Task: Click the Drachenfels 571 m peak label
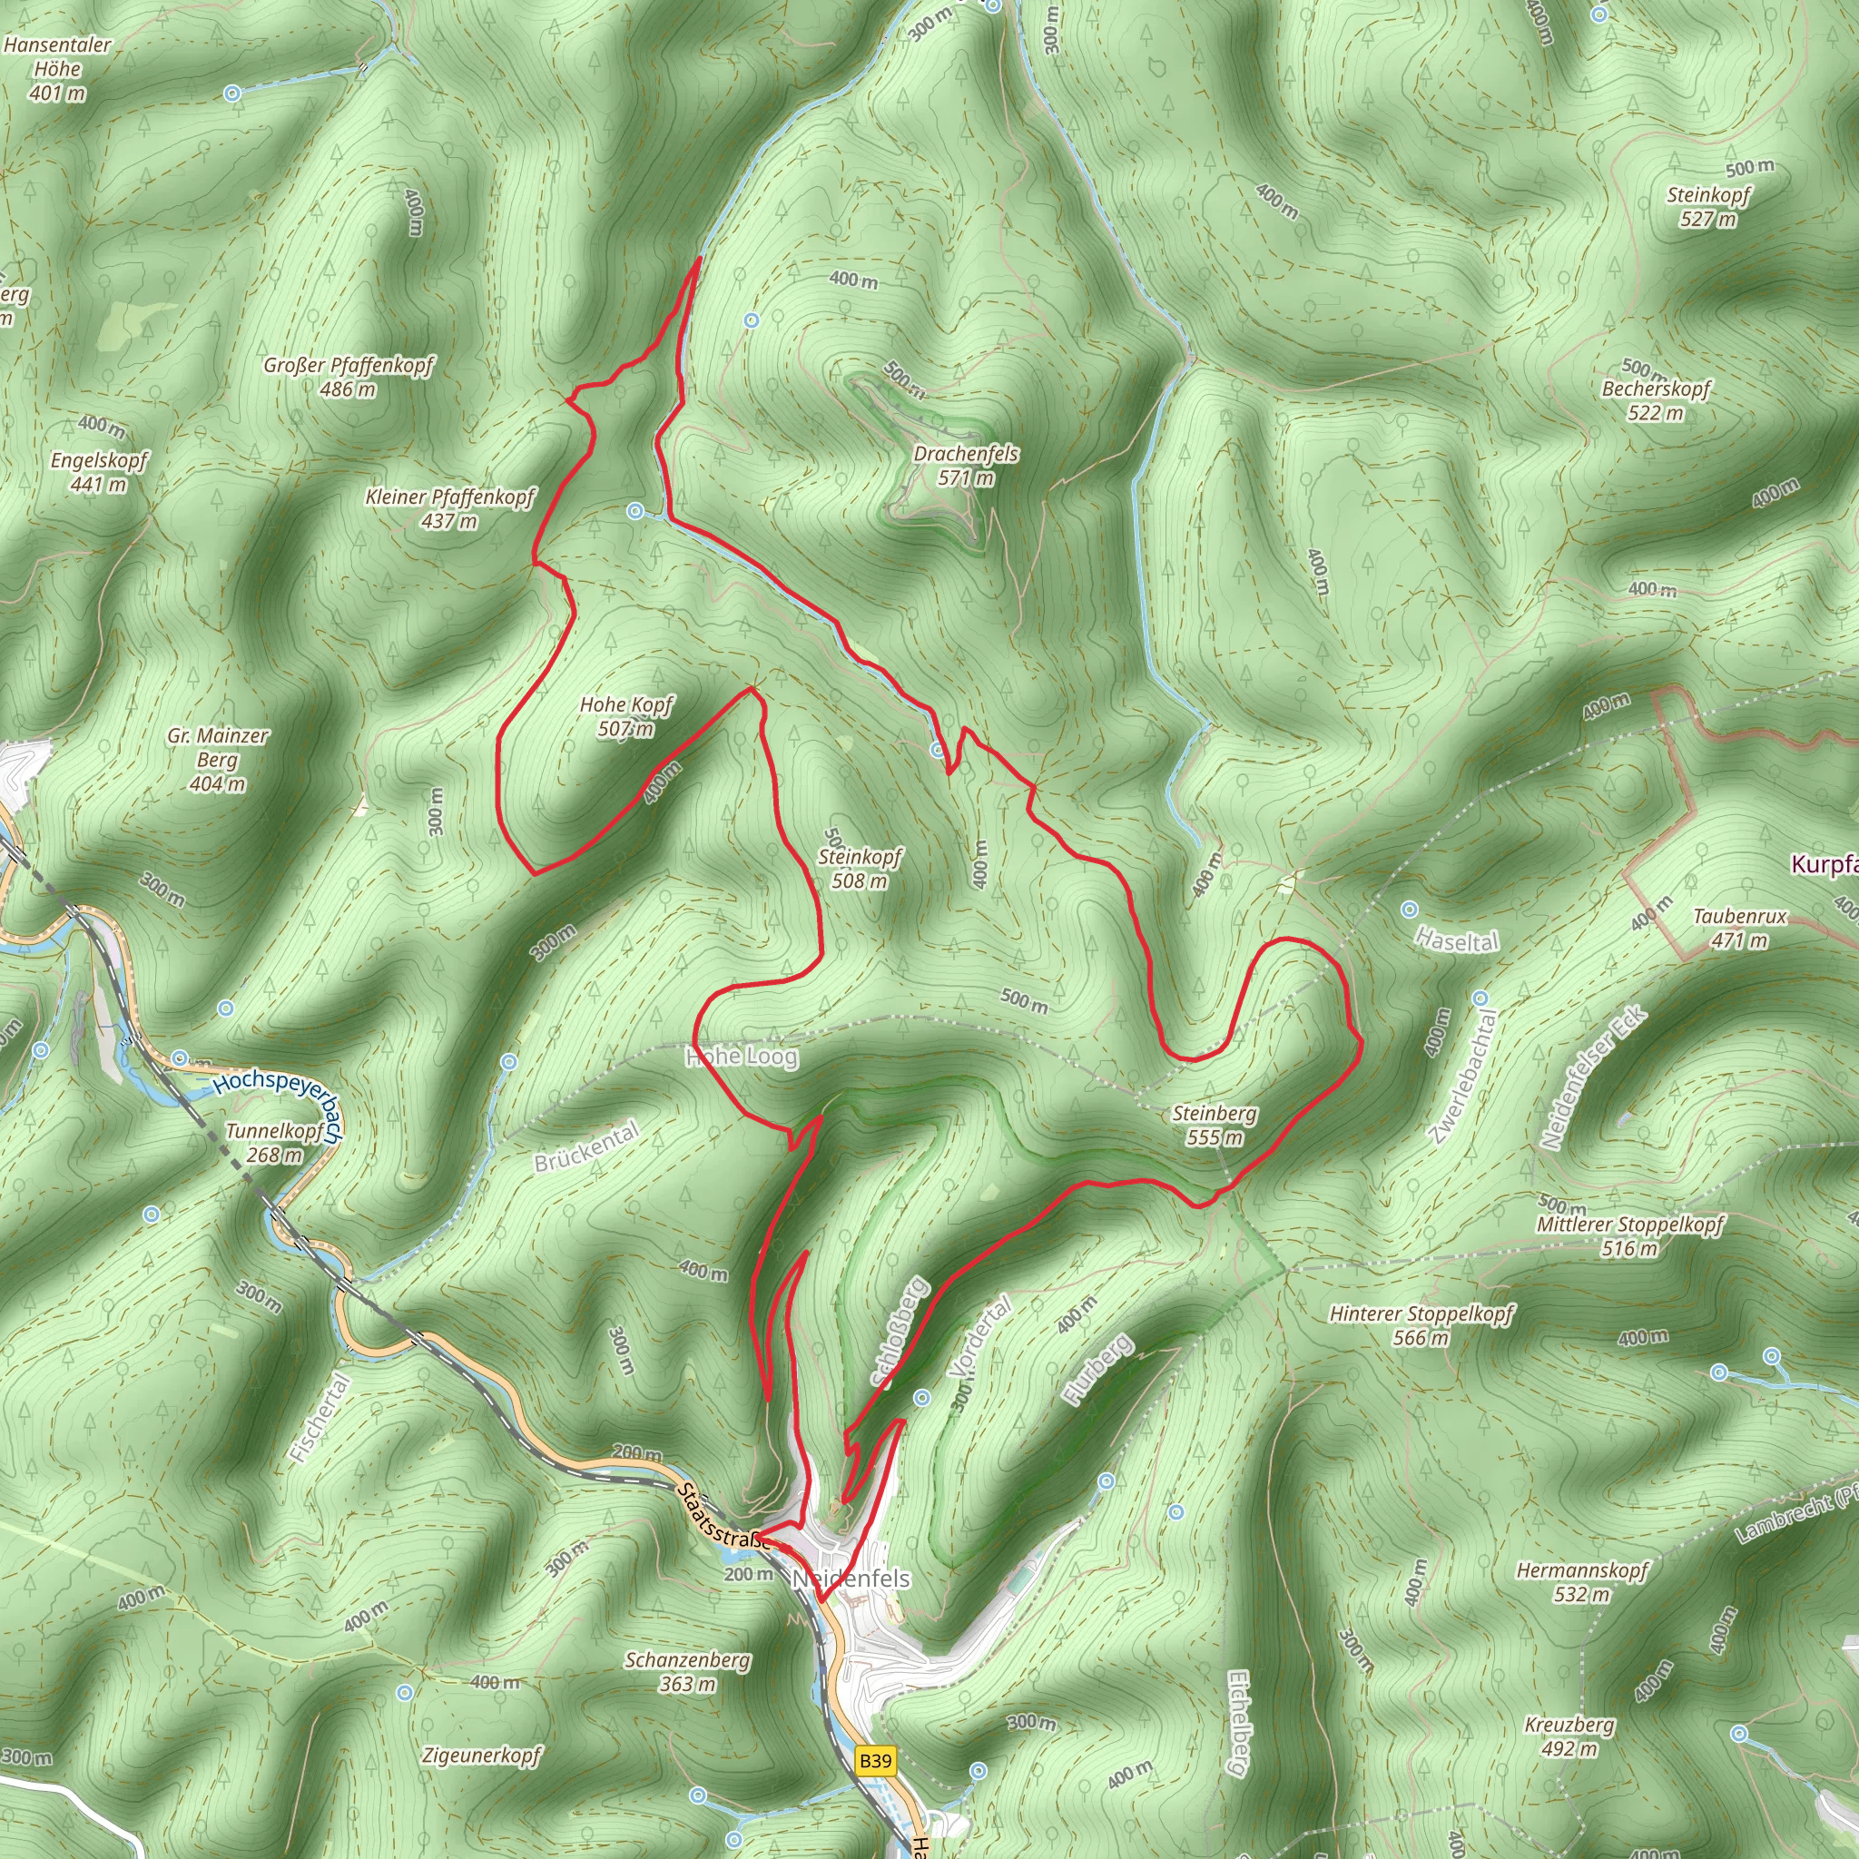[x=965, y=465]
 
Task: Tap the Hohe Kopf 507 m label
[x=625, y=717]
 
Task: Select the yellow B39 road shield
[x=875, y=1761]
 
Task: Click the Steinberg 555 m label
[x=1215, y=1125]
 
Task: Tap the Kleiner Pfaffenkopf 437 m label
[x=449, y=508]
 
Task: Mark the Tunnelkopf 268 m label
[x=274, y=1142]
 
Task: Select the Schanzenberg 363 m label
[x=687, y=1671]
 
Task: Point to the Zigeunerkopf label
[x=482, y=1756]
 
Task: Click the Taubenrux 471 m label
[x=1740, y=928]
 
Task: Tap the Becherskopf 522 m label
[x=1656, y=400]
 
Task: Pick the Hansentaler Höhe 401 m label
[x=58, y=68]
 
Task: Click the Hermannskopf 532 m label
[x=1582, y=1582]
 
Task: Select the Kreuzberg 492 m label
[x=1569, y=1736]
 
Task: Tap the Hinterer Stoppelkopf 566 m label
[x=1421, y=1325]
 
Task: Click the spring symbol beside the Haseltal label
[x=1410, y=910]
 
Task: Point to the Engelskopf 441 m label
[x=99, y=471]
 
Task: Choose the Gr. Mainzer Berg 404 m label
[x=218, y=759]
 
